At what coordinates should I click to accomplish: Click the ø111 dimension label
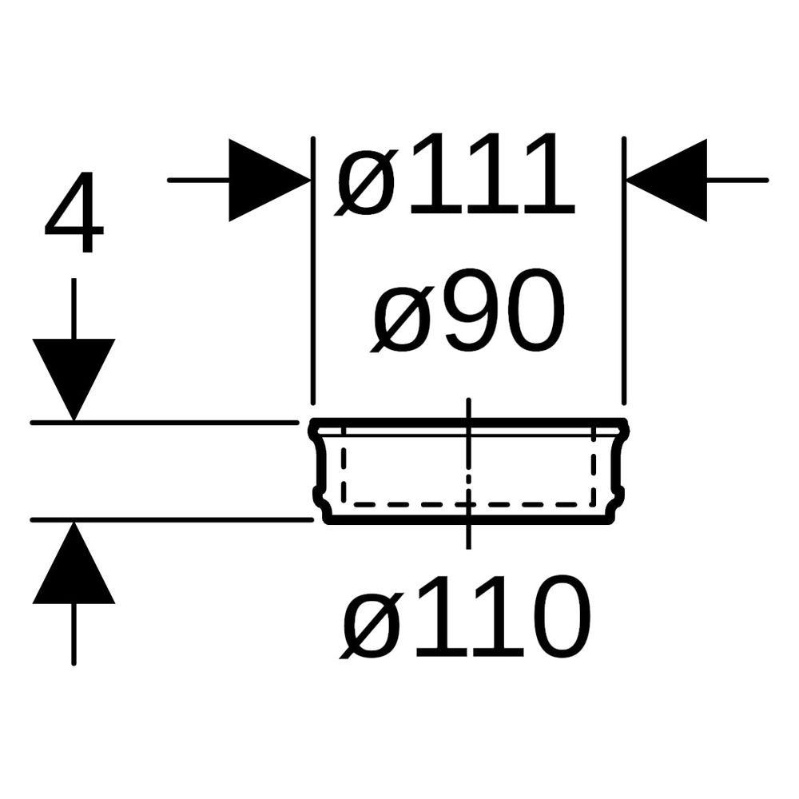[x=455, y=174]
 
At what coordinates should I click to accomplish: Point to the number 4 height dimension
[x=74, y=212]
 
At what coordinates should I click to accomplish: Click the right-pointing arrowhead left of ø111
[x=269, y=180]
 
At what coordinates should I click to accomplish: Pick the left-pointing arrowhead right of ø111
[x=667, y=180]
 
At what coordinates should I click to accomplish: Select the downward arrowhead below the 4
[x=74, y=380]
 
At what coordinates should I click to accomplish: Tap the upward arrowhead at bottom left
[x=74, y=562]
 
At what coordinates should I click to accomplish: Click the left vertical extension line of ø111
[x=313, y=271]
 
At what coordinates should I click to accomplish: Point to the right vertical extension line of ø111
[x=624, y=271]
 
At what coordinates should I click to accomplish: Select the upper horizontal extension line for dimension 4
[x=165, y=423]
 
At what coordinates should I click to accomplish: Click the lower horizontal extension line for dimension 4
[x=172, y=520]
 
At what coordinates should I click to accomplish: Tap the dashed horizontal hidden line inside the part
[x=468, y=505]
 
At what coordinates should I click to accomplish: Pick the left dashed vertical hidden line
[x=344, y=467]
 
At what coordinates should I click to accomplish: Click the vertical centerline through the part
[x=468, y=474]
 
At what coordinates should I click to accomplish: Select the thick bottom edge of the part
[x=468, y=520]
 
